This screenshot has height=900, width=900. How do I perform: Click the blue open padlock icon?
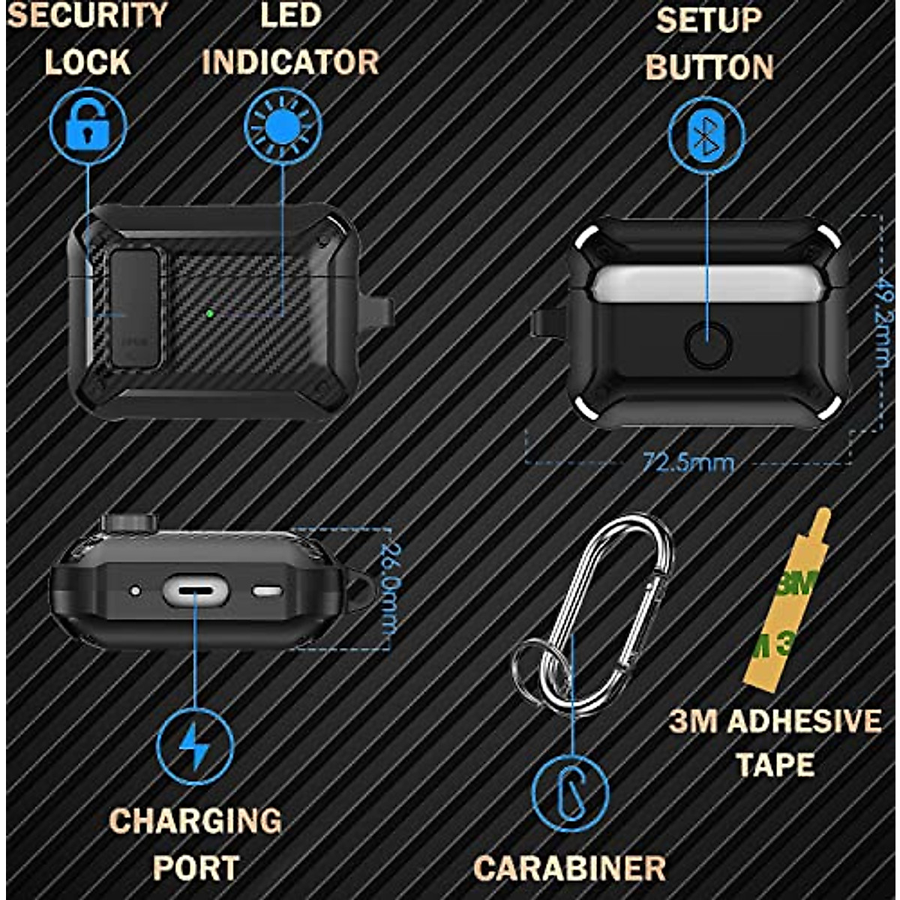point(88,127)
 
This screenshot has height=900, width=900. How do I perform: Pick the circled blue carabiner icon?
point(570,793)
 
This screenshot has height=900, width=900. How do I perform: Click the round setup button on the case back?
point(708,344)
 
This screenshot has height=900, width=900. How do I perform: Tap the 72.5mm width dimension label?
point(688,462)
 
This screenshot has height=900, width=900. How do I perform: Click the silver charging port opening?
point(195,590)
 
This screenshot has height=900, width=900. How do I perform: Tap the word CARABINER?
point(570,868)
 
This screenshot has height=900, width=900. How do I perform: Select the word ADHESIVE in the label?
point(804,721)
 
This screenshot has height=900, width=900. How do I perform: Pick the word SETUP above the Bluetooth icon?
point(709,21)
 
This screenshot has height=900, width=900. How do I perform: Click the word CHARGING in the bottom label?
point(196,820)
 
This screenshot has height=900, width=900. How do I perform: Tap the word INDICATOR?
point(290,62)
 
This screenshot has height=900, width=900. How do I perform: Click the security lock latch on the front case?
point(136,307)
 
